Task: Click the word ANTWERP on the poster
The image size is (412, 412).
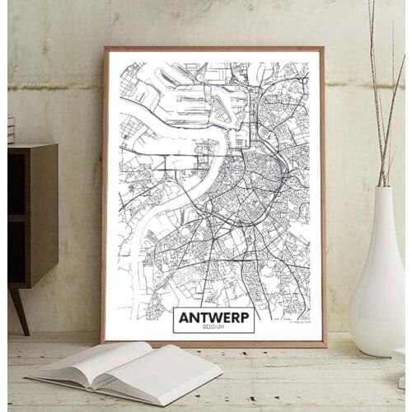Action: pyautogui.click(x=213, y=316)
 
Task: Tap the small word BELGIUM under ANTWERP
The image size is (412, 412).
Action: pyautogui.click(x=213, y=327)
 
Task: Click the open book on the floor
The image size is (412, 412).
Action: pyautogui.click(x=124, y=369)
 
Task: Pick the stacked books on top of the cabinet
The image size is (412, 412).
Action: pyautogui.click(x=11, y=130)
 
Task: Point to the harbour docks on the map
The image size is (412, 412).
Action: pyautogui.click(x=198, y=99)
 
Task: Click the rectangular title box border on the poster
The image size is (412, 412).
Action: pyautogui.click(x=174, y=320)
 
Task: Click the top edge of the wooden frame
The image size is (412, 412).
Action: pyautogui.click(x=214, y=49)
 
